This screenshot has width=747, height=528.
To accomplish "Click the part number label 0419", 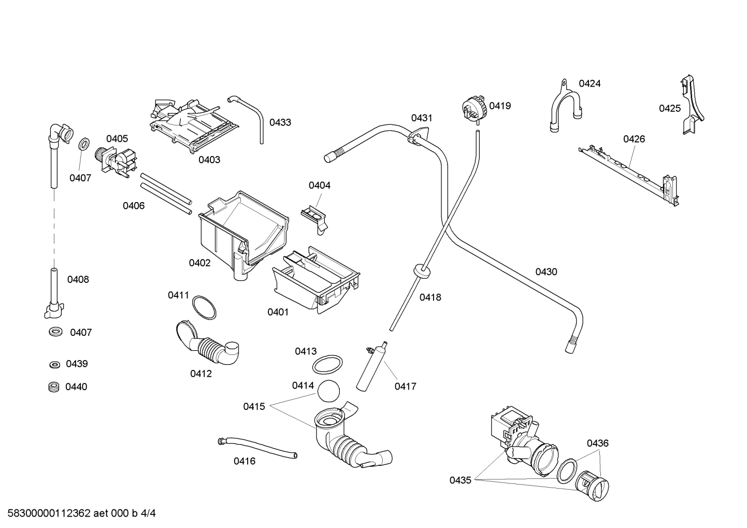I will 500,106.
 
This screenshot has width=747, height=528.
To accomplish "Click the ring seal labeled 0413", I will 327,364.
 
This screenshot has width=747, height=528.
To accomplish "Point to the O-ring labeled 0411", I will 205,307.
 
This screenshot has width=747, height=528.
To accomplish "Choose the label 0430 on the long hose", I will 546,272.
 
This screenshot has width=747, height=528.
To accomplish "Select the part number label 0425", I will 669,108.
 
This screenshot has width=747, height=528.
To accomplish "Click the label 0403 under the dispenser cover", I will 209,160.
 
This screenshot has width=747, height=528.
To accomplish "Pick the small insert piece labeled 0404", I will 315,215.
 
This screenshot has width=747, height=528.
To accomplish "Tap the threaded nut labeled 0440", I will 52,387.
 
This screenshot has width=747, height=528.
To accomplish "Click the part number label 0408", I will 78,280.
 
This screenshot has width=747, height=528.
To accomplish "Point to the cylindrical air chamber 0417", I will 371,368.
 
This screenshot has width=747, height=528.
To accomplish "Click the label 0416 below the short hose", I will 245,461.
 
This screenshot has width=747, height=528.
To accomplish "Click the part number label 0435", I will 460,480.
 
